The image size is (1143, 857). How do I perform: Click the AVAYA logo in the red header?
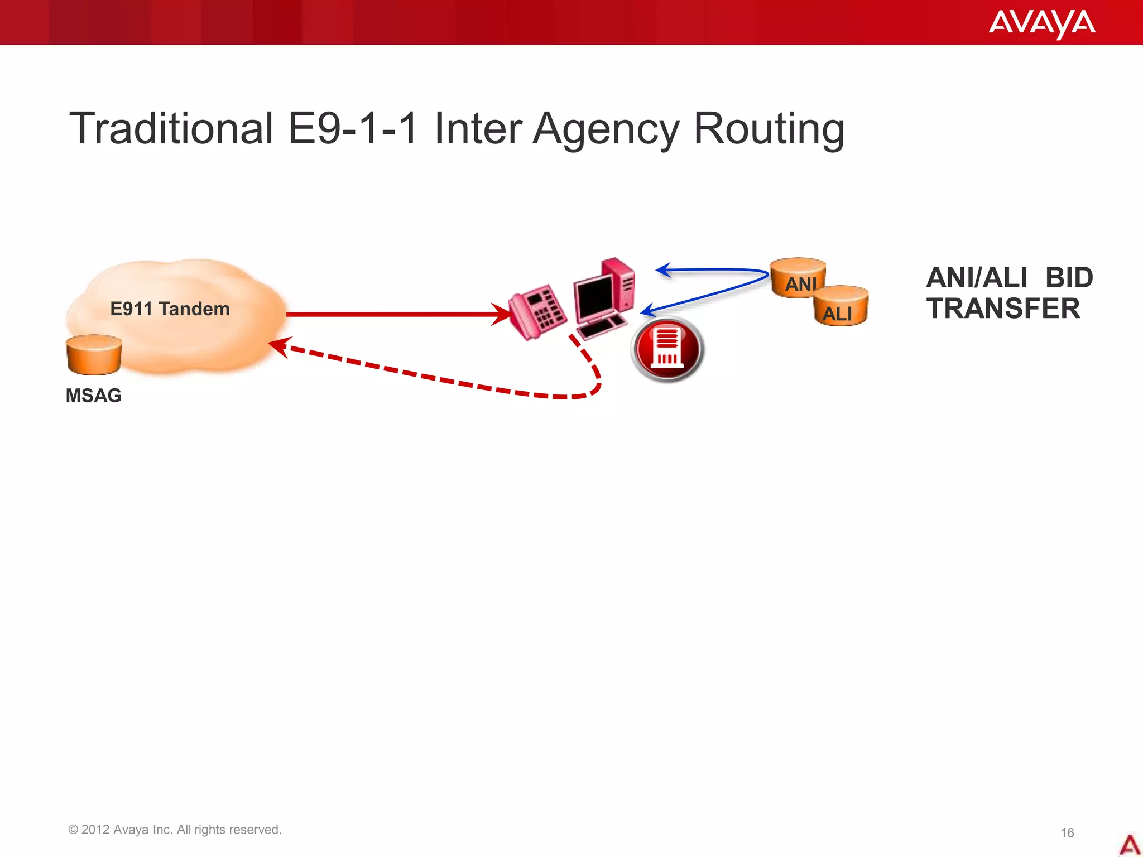coord(1041,23)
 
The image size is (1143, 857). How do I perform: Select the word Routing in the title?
coord(769,129)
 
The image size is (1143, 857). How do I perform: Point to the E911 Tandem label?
coord(170,309)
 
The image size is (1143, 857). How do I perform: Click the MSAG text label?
coord(93,395)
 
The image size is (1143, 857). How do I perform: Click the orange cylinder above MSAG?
coord(94,354)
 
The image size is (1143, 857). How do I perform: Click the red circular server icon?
coord(667,349)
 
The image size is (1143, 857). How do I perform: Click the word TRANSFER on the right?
coord(1003,309)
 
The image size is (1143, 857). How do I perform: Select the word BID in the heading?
coord(1069,278)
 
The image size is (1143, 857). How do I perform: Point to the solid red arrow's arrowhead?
coord(502,314)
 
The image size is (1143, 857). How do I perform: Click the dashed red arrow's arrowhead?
coord(279,346)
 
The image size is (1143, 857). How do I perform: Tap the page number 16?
coord(1067,832)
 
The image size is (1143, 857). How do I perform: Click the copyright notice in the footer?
coord(175,830)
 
